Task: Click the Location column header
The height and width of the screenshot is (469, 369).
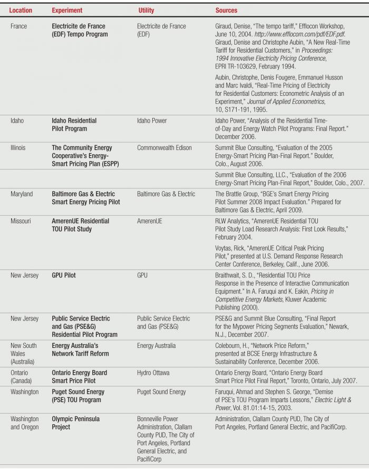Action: pos(21,10)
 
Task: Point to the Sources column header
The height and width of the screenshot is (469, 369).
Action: pos(226,10)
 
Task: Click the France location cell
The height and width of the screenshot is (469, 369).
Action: pos(18,26)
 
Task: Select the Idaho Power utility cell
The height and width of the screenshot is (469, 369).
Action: pos(152,121)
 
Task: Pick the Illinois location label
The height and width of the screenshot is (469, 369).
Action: pos(19,148)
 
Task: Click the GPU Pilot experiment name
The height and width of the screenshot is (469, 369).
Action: pos(64,275)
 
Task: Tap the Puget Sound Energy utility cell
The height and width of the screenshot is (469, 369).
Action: pos(161,392)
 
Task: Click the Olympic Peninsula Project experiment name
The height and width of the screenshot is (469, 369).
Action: pos(75,423)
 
